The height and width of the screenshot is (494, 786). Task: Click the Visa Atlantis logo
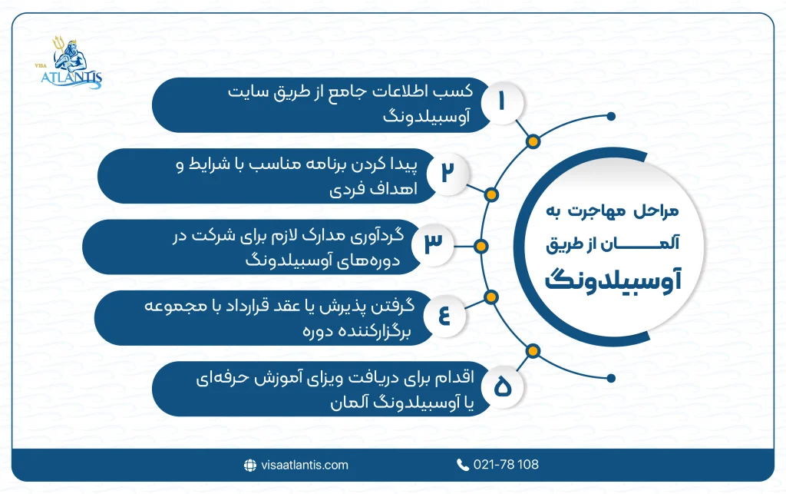(74, 62)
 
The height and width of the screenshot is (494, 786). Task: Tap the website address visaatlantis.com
(305, 465)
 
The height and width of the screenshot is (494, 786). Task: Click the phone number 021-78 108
(507, 465)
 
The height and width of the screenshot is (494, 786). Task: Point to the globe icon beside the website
(249, 465)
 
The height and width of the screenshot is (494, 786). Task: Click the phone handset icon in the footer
(462, 465)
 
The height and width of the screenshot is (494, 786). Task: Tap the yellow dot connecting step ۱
(532, 142)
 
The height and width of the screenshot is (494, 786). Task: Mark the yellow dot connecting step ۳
(481, 247)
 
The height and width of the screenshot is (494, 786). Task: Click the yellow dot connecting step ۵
(531, 350)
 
